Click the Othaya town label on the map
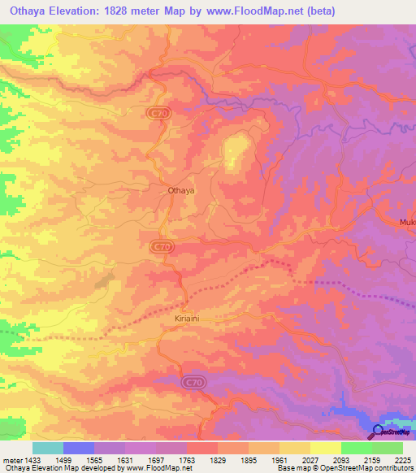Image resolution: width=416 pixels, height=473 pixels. (180, 190)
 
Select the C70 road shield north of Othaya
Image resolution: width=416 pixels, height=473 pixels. (159, 115)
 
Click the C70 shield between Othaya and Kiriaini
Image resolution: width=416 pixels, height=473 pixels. (162, 245)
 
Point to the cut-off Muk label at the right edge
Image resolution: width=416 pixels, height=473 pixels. (407, 222)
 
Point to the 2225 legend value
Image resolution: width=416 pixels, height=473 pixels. (404, 459)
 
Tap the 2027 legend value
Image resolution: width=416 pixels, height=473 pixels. (310, 459)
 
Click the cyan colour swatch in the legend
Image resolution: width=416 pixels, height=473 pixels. (48, 448)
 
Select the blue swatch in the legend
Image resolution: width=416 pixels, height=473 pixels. (79, 448)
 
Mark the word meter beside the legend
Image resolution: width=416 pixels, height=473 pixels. (12, 459)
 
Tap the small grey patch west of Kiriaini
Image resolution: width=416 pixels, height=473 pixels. (103, 281)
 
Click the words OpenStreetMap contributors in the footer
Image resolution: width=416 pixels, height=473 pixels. (370, 469)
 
